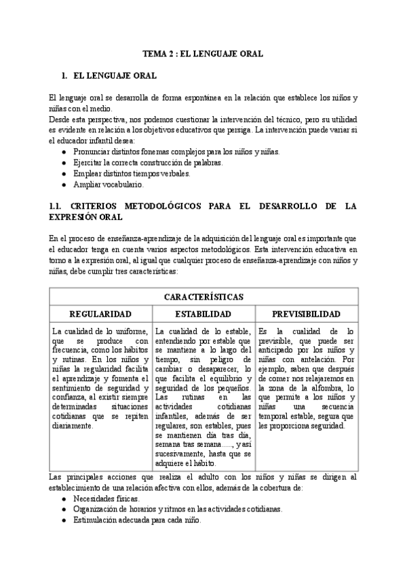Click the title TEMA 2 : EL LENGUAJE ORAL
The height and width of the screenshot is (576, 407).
click(202, 53)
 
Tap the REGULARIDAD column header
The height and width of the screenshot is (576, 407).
click(101, 314)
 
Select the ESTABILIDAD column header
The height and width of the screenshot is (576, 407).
click(203, 314)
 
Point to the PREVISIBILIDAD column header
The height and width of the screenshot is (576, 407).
click(306, 314)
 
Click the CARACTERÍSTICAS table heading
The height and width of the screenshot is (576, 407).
click(203, 297)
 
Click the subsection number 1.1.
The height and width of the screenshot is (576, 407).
click(56, 206)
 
